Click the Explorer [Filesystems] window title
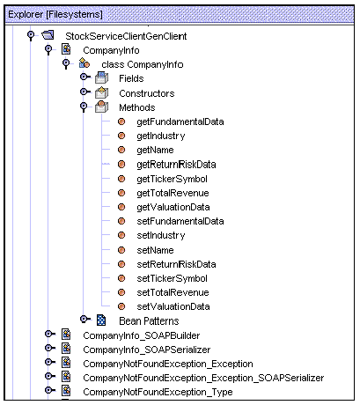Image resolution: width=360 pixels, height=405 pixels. tap(55, 15)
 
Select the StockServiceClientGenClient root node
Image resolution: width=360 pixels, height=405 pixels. tap(126, 36)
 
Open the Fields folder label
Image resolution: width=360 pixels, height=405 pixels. tap(131, 78)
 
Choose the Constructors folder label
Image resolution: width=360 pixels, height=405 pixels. tap(146, 92)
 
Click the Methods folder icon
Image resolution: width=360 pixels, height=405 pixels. tap(101, 107)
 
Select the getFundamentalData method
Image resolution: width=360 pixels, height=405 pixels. tap(180, 121)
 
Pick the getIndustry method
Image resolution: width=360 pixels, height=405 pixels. tap(160, 136)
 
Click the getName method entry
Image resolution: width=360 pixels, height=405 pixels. tap(156, 150)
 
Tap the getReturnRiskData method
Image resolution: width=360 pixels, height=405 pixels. tap(176, 164)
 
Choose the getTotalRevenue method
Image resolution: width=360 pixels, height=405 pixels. tap(173, 192)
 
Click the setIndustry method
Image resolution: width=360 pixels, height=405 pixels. tap(160, 235)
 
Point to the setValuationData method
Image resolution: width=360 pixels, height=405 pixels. tap(173, 306)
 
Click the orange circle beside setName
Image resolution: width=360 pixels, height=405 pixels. tap(122, 250)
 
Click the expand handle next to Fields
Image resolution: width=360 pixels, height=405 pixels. tap(84, 78)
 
